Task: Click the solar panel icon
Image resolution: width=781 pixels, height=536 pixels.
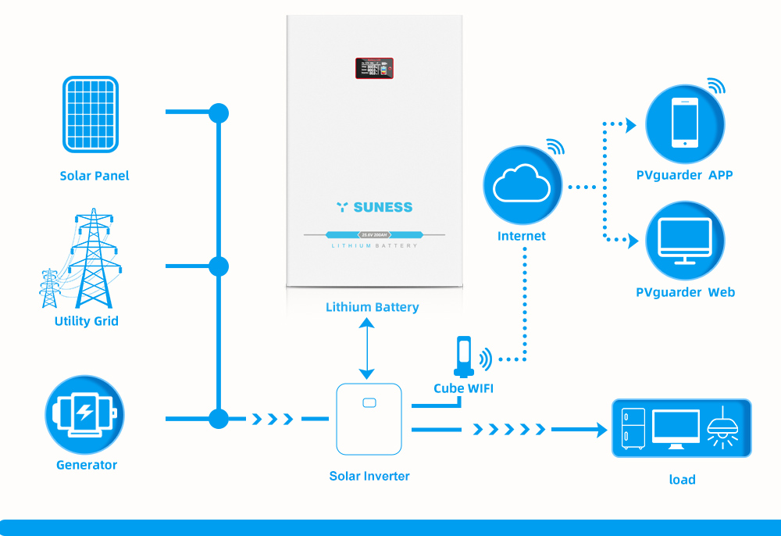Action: click(x=91, y=114)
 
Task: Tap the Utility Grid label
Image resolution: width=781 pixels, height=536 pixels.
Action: click(x=87, y=321)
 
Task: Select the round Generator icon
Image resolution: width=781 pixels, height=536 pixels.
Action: click(x=85, y=414)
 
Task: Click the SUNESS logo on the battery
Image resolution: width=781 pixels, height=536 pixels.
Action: click(x=374, y=207)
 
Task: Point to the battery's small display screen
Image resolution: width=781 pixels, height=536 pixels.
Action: click(x=374, y=68)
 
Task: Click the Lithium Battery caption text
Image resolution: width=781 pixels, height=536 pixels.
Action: click(x=373, y=307)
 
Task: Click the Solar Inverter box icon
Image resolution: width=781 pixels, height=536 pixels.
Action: click(x=369, y=420)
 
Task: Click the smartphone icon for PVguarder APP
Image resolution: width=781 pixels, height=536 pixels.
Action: click(x=685, y=123)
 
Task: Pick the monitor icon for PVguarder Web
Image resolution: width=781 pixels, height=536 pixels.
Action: click(x=685, y=241)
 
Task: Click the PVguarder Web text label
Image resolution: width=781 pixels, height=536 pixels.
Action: click(x=685, y=292)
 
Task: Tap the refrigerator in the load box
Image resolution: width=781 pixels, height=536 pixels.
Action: click(x=633, y=428)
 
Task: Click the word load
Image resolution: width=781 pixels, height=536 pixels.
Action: click(x=682, y=480)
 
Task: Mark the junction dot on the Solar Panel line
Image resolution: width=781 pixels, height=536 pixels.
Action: click(x=219, y=113)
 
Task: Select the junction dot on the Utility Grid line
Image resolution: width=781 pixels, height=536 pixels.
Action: click(x=219, y=266)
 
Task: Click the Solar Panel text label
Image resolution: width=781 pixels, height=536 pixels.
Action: click(x=95, y=176)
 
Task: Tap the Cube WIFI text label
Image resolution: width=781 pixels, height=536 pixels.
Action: click(x=463, y=388)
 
